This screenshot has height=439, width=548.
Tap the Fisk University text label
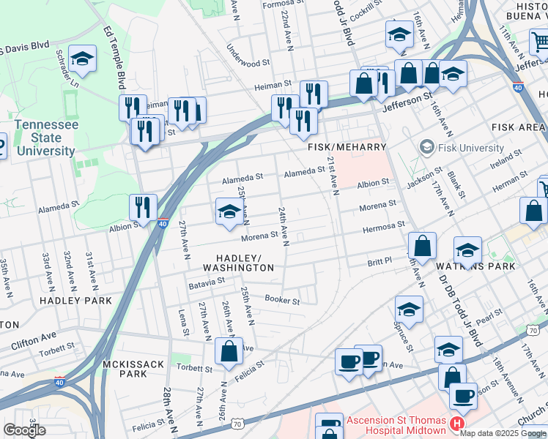(x=470, y=148)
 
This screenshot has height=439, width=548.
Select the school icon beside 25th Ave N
(x=229, y=211)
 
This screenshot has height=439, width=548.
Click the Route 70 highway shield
(x=237, y=424)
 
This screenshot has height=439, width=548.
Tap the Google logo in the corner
(x=25, y=430)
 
